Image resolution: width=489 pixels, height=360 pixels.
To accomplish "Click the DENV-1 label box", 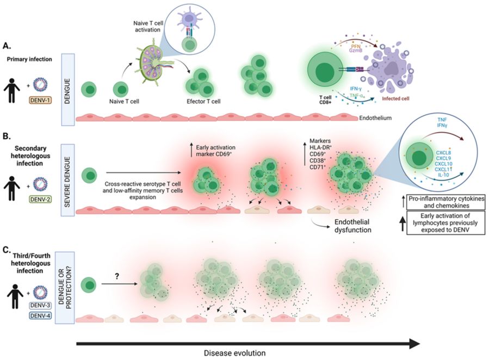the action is point(40,101).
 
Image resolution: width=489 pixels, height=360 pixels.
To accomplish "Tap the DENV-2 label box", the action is point(40,199).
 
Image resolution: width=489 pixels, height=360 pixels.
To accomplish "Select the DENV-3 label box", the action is point(40,306).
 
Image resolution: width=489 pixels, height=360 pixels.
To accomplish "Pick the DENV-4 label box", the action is point(40,316).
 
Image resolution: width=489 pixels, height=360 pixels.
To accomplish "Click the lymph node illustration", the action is point(153,63).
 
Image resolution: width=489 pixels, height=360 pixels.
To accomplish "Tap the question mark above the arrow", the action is point(117,276).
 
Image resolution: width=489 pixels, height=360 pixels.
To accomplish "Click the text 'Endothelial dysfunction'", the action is point(352,226).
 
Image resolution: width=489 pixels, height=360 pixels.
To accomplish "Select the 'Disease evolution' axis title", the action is point(235,353).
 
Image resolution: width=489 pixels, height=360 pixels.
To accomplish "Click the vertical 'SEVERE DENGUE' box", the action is point(67,180).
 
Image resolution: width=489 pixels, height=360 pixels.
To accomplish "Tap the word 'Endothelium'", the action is point(375,118).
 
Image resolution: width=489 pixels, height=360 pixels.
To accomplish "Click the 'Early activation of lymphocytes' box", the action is point(445,223).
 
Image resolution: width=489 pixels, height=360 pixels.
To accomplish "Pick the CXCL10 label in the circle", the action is point(444,164).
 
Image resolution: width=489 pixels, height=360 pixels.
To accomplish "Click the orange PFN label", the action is point(356,46).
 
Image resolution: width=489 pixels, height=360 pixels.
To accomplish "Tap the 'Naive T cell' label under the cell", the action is point(124,101).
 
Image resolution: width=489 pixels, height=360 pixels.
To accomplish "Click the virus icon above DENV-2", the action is point(40,184).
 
